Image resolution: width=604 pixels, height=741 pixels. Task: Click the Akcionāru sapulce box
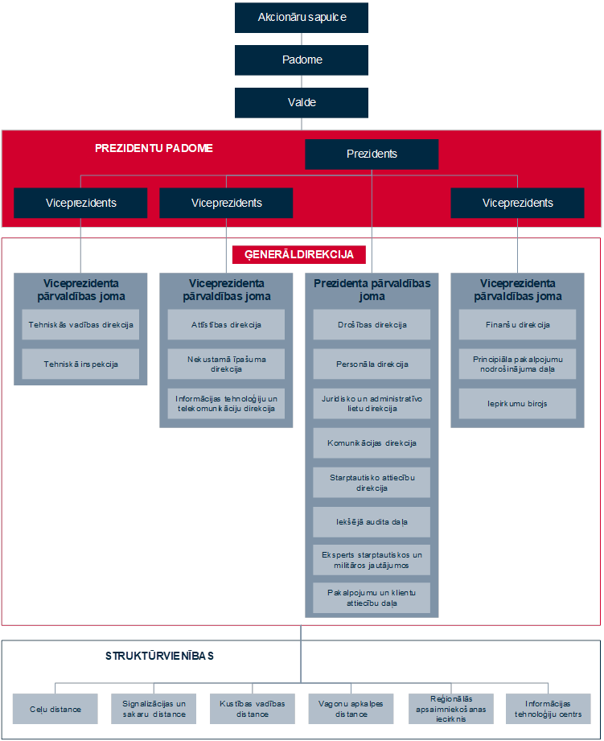click(x=302, y=18)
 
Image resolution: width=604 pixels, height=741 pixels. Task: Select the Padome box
click(x=302, y=60)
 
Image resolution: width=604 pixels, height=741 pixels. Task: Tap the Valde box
click(x=302, y=102)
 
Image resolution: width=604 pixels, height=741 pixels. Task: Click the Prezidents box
click(x=372, y=154)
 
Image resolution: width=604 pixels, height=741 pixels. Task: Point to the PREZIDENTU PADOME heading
click(x=154, y=148)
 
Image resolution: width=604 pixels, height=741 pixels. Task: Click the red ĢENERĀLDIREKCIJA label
click(x=299, y=255)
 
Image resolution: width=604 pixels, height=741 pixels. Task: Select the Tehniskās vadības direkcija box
click(x=80, y=325)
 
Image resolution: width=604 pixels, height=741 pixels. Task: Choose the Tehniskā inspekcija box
click(x=80, y=364)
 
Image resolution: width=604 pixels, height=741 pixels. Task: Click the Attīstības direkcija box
click(x=226, y=325)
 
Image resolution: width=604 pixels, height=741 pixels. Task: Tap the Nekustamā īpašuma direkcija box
click(x=226, y=364)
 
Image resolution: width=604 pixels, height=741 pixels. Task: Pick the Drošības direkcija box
click(x=372, y=325)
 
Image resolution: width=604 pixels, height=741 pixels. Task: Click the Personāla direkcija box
click(x=372, y=364)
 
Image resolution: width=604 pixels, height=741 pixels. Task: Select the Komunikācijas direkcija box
click(x=372, y=443)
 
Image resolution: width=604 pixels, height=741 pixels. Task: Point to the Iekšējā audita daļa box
click(x=372, y=521)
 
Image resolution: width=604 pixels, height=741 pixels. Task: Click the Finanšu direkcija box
click(x=518, y=325)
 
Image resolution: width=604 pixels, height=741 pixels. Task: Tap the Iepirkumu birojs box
click(x=518, y=404)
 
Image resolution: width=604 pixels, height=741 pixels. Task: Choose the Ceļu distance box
click(x=55, y=709)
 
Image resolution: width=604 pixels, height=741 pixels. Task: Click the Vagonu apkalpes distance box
click(x=351, y=709)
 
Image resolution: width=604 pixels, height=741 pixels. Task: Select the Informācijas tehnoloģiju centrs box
click(x=549, y=709)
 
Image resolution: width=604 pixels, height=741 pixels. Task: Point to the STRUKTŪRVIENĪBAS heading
click(x=159, y=656)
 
